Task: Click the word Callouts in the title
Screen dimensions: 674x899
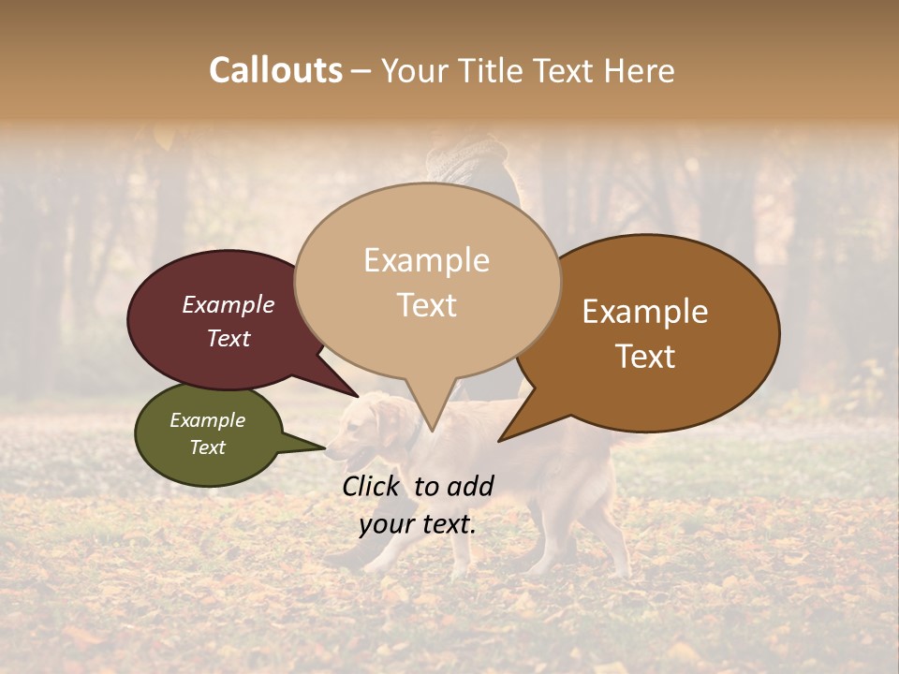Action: coord(275,70)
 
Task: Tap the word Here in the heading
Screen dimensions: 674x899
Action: coord(638,71)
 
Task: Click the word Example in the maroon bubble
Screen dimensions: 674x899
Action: coord(228,305)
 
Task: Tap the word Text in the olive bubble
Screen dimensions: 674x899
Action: coord(207,447)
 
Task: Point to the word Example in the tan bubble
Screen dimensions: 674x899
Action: coord(426,260)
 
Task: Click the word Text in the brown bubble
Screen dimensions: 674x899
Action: coord(645,357)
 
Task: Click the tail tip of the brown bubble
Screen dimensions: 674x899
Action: coord(499,440)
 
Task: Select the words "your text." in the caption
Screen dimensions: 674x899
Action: coord(418,525)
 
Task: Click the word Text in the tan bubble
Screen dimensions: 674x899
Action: coord(426,305)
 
